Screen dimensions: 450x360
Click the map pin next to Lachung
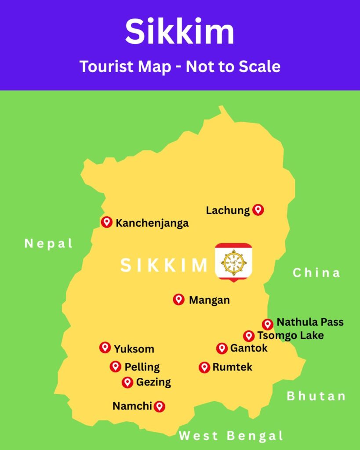tap(258, 210)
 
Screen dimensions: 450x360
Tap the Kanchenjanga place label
tap(152, 223)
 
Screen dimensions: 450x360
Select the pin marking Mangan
tap(178, 299)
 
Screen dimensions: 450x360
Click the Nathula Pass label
tap(310, 322)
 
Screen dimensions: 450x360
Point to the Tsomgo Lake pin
tap(249, 336)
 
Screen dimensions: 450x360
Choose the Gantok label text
tap(248, 348)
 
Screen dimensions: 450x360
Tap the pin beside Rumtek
tap(204, 367)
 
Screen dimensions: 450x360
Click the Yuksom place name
tap(134, 349)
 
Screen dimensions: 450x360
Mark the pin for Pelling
tap(116, 366)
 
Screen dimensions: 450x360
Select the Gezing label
tap(153, 382)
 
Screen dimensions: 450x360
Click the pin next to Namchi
tap(159, 406)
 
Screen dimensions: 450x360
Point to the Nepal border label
tap(48, 243)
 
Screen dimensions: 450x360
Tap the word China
tap(316, 273)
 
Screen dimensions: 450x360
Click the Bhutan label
tap(316, 396)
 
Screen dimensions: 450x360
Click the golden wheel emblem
tap(233, 263)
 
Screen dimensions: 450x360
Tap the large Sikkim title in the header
tap(179, 32)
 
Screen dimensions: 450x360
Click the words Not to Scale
tap(233, 66)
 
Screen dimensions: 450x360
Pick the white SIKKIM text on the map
tap(164, 265)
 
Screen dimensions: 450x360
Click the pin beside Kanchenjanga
tap(106, 222)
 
